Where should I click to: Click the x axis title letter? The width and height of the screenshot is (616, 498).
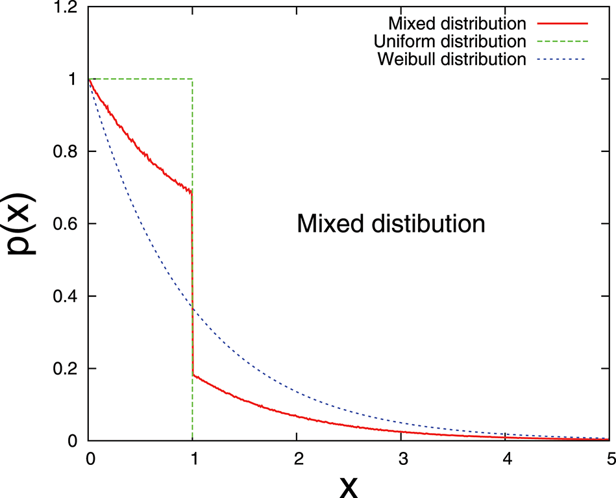(x=349, y=485)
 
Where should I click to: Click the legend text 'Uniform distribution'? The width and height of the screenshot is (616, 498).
(x=450, y=42)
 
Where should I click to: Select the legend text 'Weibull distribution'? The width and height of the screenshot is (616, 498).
(x=450, y=60)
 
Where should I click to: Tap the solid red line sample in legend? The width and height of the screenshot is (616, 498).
(x=562, y=24)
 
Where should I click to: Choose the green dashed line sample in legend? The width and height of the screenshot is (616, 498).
(x=562, y=42)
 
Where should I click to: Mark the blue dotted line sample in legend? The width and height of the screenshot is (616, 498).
(x=562, y=60)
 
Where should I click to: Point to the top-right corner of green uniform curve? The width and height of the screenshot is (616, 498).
(x=193, y=79)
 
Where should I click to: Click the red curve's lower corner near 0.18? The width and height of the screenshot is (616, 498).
(x=193, y=375)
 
